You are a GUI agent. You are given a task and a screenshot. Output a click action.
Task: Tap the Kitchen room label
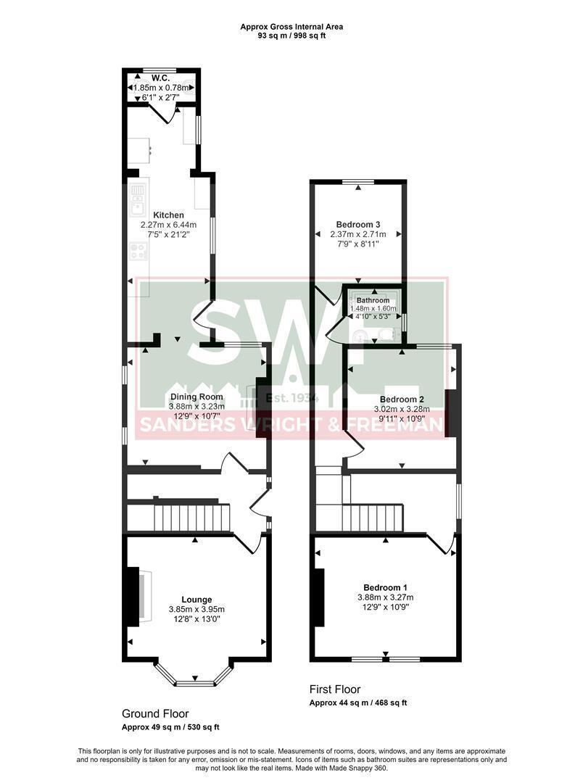[x=168, y=215]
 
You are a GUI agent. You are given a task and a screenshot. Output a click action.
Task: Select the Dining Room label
[x=197, y=397]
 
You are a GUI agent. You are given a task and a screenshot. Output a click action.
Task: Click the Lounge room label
[x=197, y=600]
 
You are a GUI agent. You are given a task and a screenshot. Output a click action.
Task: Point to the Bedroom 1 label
[x=385, y=587]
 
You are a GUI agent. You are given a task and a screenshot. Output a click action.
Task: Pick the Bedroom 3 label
[x=358, y=225]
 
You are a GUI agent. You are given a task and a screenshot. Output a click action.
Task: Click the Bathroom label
[x=373, y=300]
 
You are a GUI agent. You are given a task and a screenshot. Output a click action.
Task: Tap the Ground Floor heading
[x=155, y=714]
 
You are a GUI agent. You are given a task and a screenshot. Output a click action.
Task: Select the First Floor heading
[x=335, y=689]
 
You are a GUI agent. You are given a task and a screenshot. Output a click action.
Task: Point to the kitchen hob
[x=138, y=252]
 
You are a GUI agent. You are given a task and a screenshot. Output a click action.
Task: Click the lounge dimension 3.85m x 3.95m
[x=197, y=610]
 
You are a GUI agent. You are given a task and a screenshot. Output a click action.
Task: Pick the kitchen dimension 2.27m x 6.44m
[x=168, y=225]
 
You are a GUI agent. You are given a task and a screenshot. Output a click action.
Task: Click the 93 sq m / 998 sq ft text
[x=291, y=36]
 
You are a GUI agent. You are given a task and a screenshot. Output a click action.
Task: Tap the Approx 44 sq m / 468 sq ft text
[x=358, y=703]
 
